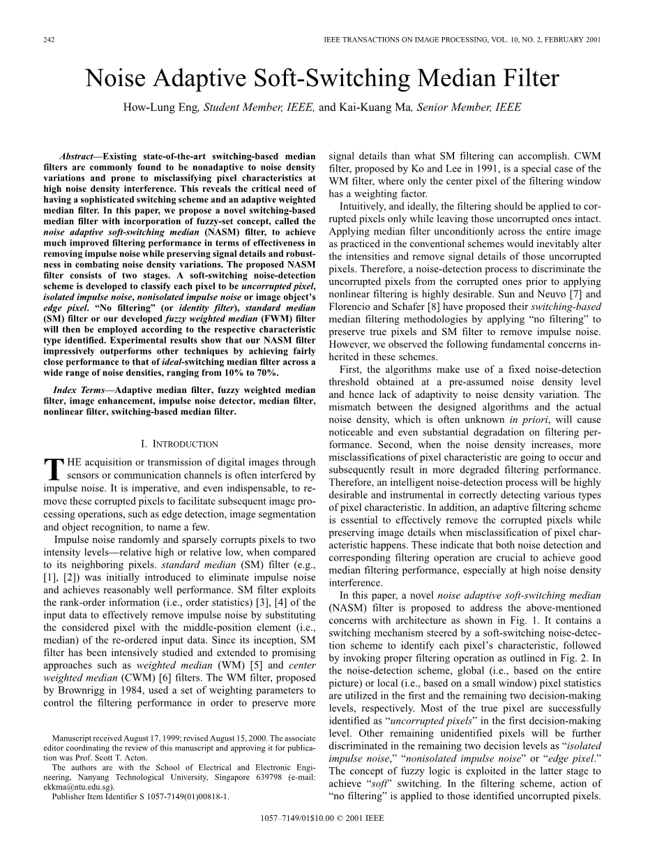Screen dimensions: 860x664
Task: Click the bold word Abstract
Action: pos(77,158)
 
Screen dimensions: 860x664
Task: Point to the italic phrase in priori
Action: pos(522,419)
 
